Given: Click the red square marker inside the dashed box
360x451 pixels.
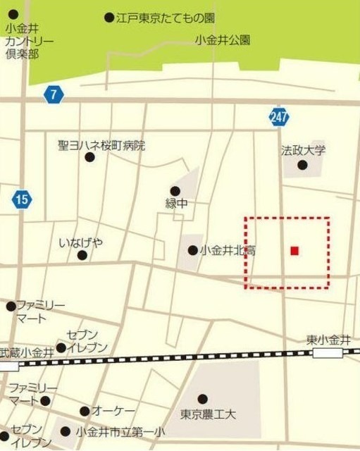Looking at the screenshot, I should pyautogui.click(x=294, y=250).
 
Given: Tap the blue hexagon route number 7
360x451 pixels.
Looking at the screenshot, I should pyautogui.click(x=51, y=94).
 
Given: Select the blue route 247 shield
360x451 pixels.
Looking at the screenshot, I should pyautogui.click(x=279, y=117).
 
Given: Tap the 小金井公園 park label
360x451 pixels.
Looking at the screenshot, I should pyautogui.click(x=223, y=40).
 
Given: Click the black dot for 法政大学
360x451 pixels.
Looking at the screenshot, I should pyautogui.click(x=303, y=165).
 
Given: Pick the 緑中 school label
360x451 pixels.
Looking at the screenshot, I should pyautogui.click(x=177, y=203).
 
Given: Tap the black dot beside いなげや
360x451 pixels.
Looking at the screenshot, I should pyautogui.click(x=82, y=255).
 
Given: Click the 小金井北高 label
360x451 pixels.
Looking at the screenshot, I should pyautogui.click(x=228, y=249).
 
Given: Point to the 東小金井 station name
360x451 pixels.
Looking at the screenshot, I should pyautogui.click(x=329, y=340).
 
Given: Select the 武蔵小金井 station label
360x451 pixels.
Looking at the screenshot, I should pyautogui.click(x=27, y=352).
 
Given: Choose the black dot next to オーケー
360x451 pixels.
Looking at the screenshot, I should pyautogui.click(x=85, y=412).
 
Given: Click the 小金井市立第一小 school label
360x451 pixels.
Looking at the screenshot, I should pyautogui.click(x=120, y=431).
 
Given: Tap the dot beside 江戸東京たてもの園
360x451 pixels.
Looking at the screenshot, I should pyautogui.click(x=108, y=17).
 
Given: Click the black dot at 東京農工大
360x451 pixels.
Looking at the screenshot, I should pyautogui.click(x=203, y=399).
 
